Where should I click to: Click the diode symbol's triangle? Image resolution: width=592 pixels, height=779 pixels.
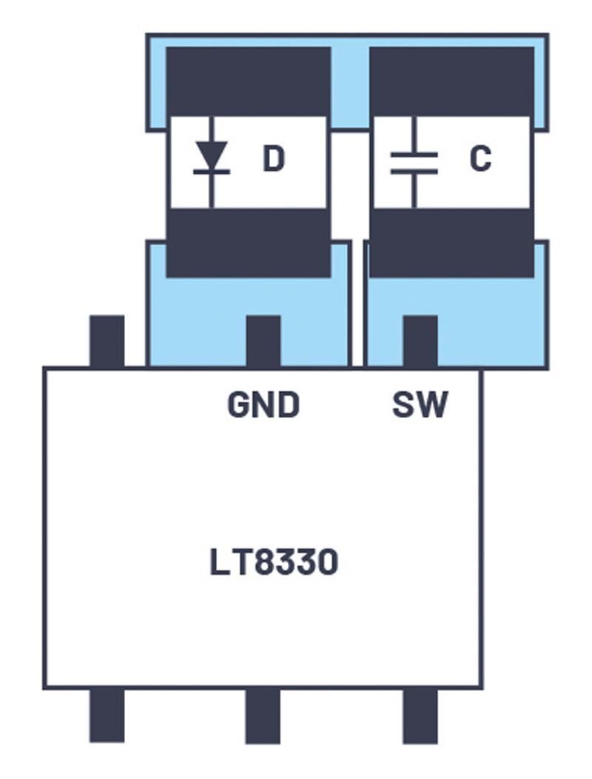[212, 155]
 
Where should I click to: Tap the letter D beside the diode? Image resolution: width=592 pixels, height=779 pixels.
[273, 160]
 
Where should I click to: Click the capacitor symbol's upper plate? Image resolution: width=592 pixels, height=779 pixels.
[414, 155]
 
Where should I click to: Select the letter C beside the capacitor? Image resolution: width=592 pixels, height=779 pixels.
[480, 160]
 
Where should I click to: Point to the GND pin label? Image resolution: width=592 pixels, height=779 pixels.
[263, 405]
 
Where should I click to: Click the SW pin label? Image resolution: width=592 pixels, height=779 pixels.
[420, 405]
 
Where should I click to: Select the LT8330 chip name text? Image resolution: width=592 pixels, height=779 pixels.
[274, 563]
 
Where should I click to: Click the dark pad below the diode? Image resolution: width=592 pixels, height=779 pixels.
[248, 243]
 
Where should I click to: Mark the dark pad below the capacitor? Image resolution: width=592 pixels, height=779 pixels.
[451, 243]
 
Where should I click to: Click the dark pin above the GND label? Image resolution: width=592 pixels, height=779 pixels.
[263, 341]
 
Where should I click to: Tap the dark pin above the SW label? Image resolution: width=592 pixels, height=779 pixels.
[420, 341]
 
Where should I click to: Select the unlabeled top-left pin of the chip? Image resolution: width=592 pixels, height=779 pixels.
[107, 341]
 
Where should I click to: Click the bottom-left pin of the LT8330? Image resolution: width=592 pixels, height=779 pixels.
[107, 715]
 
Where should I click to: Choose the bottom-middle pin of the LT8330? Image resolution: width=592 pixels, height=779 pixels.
[263, 715]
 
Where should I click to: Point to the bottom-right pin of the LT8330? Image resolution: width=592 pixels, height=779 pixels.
[420, 715]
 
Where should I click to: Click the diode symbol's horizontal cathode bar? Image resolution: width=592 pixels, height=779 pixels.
[212, 172]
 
